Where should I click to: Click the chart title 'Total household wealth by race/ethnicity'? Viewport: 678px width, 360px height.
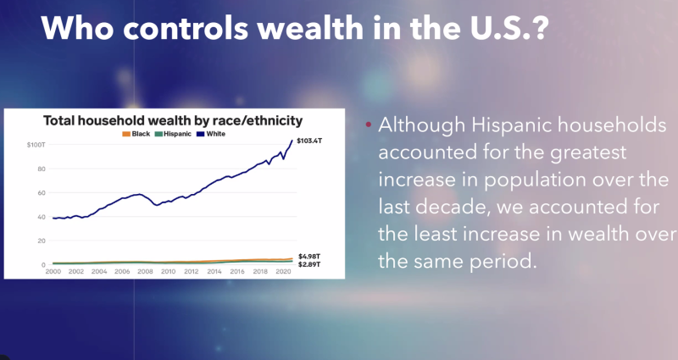pyautogui.click(x=173, y=120)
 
